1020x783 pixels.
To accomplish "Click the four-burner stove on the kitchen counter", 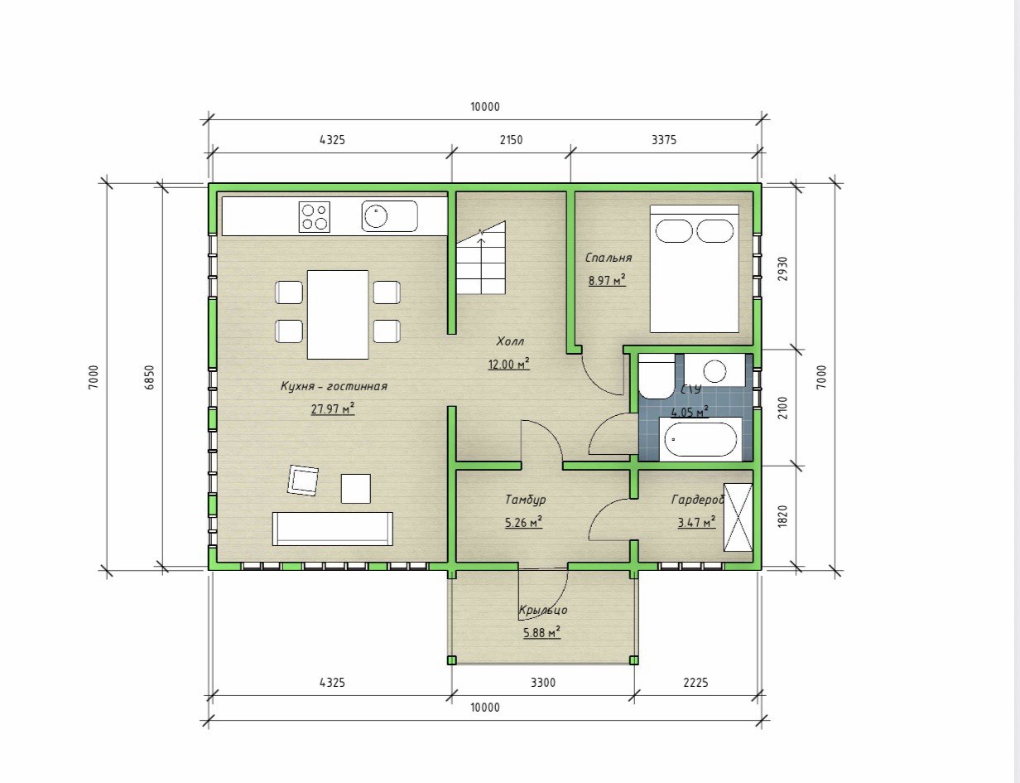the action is [x=314, y=217].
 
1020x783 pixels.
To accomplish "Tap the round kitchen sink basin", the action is [x=376, y=216].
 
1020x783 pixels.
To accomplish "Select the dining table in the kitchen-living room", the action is [x=338, y=314].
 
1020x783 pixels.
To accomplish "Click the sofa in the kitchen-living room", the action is [x=333, y=529].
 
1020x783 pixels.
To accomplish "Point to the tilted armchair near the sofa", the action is [x=303, y=479].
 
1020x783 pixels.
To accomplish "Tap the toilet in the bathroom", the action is [x=657, y=376].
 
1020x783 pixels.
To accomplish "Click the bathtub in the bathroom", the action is [x=700, y=439].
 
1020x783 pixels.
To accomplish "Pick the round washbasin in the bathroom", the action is [x=714, y=371].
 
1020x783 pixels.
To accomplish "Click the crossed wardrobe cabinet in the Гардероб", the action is [x=738, y=517].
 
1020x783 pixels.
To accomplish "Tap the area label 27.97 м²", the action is [x=332, y=408].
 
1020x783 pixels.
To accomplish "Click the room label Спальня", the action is [x=609, y=258].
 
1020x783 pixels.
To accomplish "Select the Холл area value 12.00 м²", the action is [x=509, y=364].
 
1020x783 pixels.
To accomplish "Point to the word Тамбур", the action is [x=525, y=500].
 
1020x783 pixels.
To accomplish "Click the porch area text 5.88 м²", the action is [x=541, y=633].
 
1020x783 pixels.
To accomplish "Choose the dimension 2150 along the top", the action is [x=511, y=140].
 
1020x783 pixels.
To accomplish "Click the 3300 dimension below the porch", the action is [x=543, y=683].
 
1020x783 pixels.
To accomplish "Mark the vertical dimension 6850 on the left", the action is [x=149, y=377].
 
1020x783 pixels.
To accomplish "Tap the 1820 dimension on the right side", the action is [x=782, y=516].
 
